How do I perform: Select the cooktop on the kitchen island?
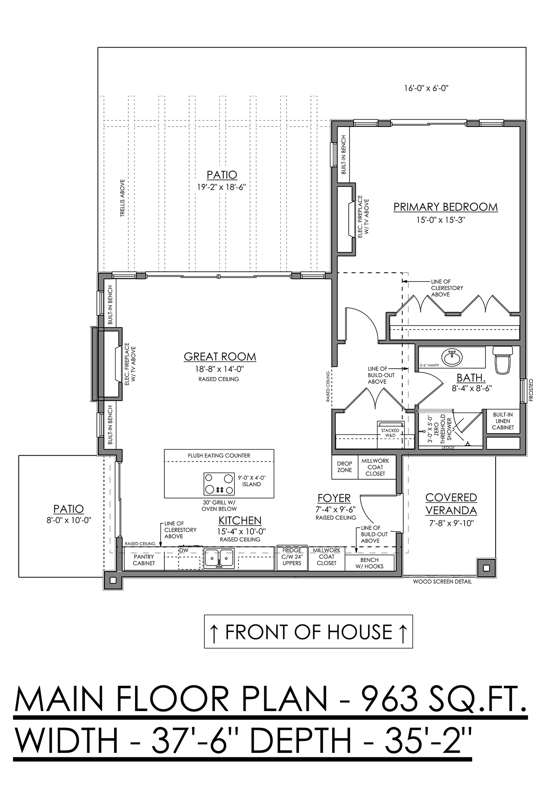pos(219,484)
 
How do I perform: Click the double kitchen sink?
pos(219,558)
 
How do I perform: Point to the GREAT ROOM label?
pos(220,356)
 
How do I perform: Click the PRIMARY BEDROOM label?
pos(445,207)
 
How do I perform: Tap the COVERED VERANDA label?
pos(451,504)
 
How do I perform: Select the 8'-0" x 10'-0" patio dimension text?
pos(68,520)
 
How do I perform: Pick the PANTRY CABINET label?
pos(144,560)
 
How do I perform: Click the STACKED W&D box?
pos(390,434)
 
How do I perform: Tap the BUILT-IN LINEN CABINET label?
pos(503,421)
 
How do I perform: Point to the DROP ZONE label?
pos(344,467)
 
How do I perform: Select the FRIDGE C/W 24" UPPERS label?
pos(291,557)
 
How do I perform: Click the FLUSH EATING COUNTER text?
pos(219,455)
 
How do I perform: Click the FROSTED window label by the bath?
pos(530,390)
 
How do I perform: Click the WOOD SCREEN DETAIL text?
pos(442,581)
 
